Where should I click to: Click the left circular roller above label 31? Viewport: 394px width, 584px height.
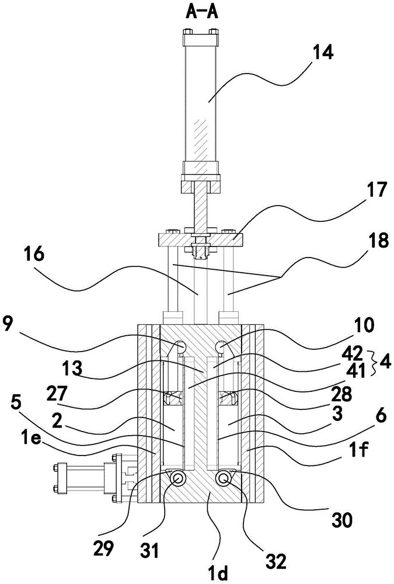coord(177,479)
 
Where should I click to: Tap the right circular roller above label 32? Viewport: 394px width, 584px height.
coord(224,479)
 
